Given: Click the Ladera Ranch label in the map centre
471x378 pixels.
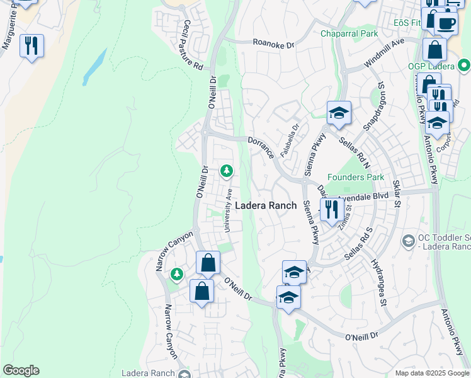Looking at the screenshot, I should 265,205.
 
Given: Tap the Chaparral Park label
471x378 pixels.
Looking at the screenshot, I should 348,33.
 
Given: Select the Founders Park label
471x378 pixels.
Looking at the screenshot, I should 355,178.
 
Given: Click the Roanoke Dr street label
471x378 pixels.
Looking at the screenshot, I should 273,45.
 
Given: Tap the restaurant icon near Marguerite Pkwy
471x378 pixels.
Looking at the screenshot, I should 31,46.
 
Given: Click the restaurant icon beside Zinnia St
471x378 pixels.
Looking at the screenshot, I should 331,209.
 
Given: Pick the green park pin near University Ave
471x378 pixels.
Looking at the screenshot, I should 227,171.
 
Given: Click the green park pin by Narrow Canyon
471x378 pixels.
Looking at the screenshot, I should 177,274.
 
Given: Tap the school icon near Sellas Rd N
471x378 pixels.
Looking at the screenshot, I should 339,113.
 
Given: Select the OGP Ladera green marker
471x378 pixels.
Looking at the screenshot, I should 464,65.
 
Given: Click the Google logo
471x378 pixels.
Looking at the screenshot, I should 21,370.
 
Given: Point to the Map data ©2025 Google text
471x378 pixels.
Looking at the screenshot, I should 432,373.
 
